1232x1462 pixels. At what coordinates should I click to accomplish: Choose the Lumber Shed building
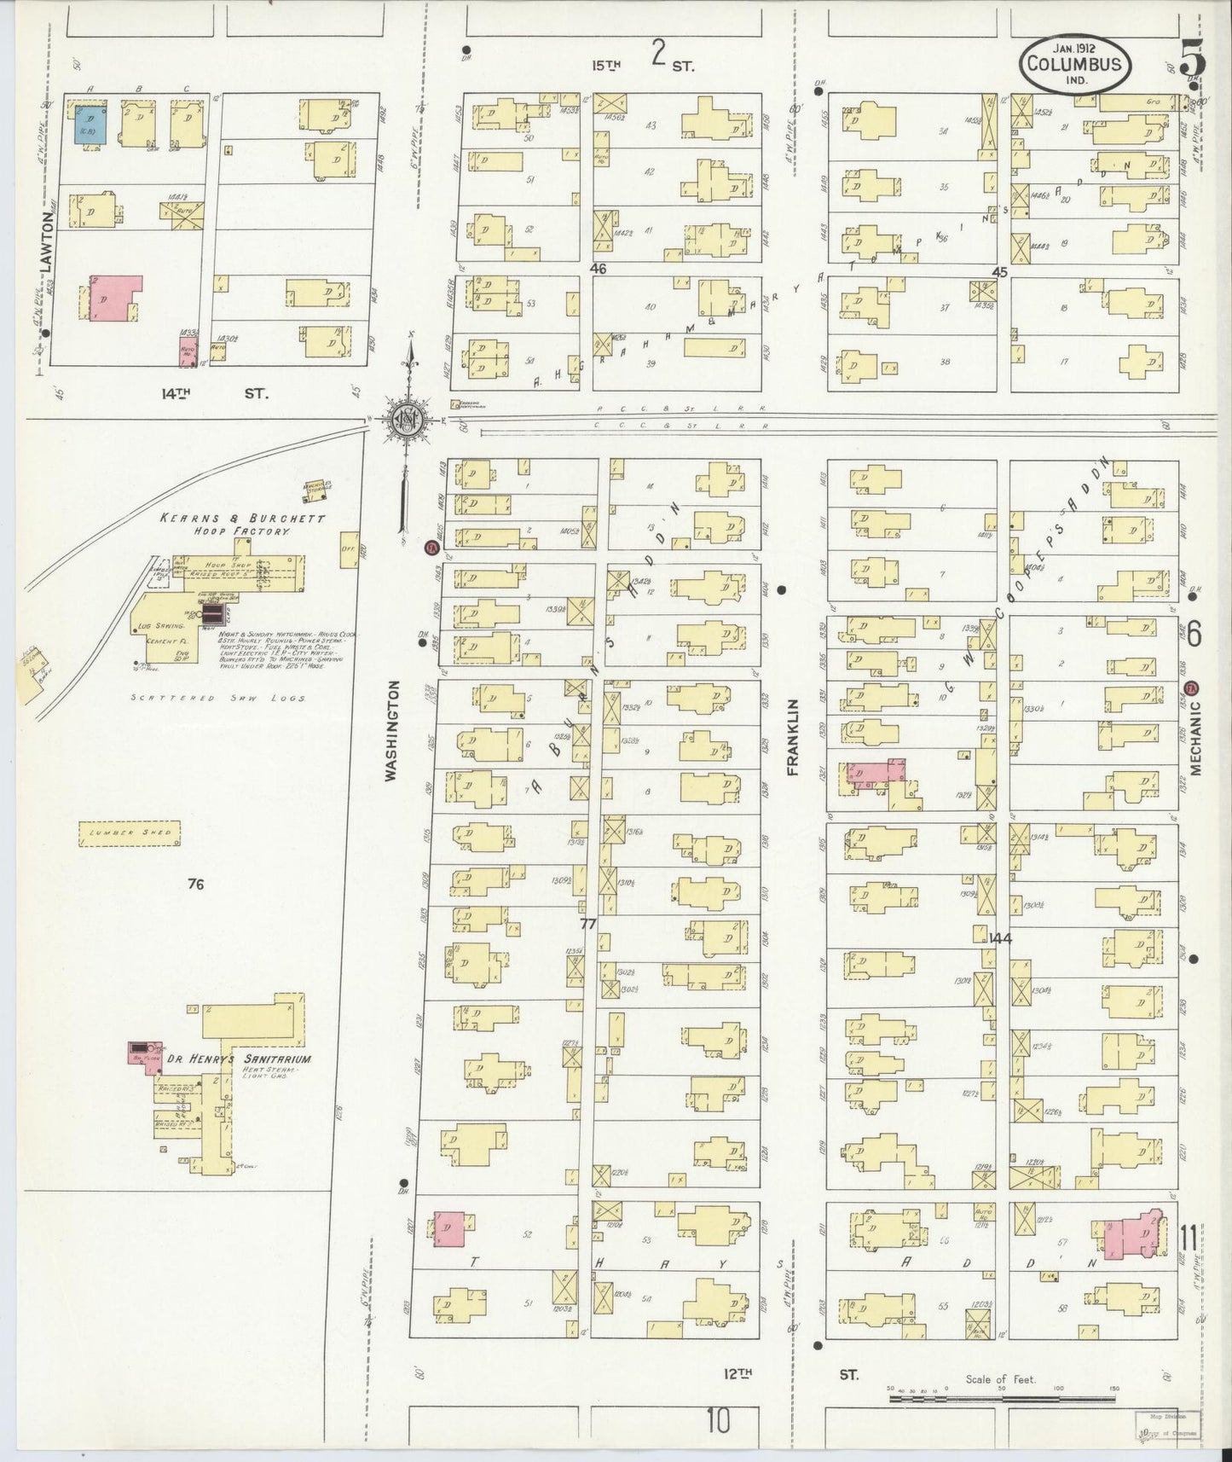pyautogui.click(x=130, y=833)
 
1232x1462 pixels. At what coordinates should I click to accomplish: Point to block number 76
pyautogui.click(x=196, y=885)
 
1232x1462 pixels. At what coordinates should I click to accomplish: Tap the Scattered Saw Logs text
pyautogui.click(x=217, y=697)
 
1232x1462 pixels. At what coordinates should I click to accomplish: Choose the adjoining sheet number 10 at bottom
pyautogui.click(x=719, y=1421)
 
